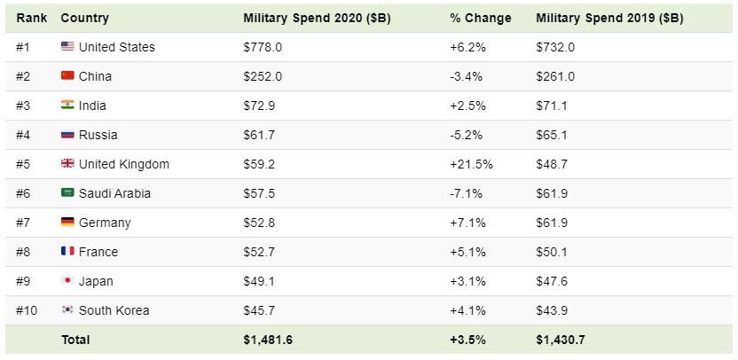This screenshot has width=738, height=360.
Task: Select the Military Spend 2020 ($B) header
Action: pyautogui.click(x=317, y=18)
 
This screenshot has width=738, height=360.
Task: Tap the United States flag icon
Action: pyautogui.click(x=67, y=47)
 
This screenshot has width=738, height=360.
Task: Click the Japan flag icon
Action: pyautogui.click(x=67, y=281)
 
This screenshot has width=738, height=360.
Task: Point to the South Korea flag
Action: pyautogui.click(x=67, y=310)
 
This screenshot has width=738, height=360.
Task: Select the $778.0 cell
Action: pyautogui.click(x=263, y=47)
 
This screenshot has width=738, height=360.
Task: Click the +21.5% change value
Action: pyautogui.click(x=471, y=164)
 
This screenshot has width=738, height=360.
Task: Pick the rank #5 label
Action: pyautogui.click(x=24, y=164)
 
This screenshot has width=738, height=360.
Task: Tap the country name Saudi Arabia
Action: pyautogui.click(x=114, y=193)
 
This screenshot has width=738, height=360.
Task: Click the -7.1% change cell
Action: pyautogui.click(x=467, y=193)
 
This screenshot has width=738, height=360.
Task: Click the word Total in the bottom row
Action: pyautogui.click(x=75, y=340)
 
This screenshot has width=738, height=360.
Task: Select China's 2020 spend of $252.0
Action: pyautogui.click(x=263, y=76)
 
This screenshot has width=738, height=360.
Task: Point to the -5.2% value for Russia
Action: pyautogui.click(x=467, y=135)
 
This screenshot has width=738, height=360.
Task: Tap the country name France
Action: pyautogui.click(x=98, y=252)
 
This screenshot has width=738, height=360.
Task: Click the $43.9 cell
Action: pyautogui.click(x=551, y=310)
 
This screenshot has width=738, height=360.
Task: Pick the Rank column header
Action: pyautogui.click(x=31, y=18)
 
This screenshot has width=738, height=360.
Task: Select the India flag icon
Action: pyautogui.click(x=67, y=106)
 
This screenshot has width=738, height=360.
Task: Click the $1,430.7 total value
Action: pyautogui.click(x=561, y=340)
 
